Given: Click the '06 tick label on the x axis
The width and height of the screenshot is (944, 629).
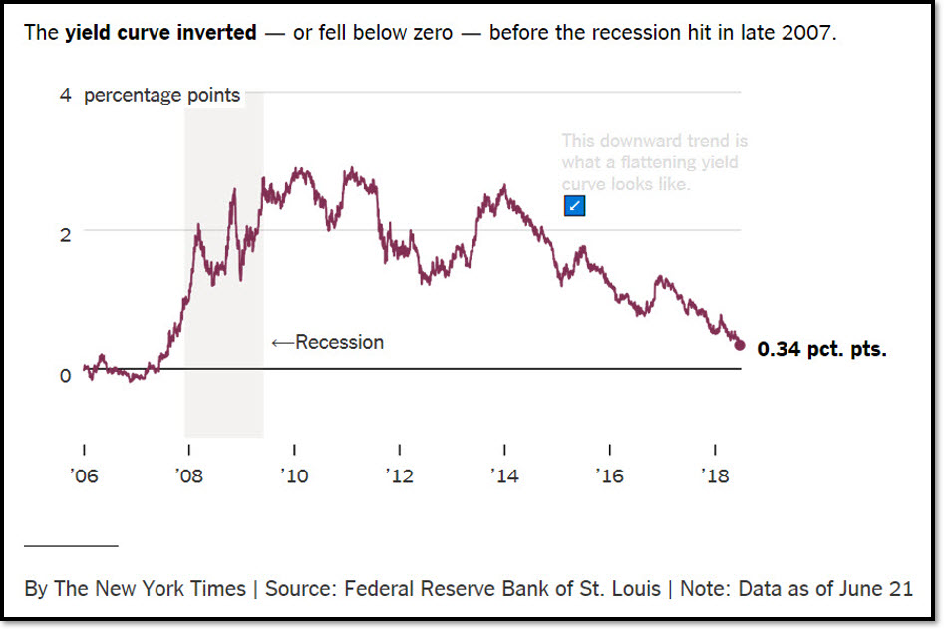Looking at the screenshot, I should point(85,476).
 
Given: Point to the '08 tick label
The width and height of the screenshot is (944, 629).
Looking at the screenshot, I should point(189,476).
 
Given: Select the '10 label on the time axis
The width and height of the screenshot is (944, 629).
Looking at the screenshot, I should point(295,476).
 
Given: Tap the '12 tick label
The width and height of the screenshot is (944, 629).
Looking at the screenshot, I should point(400,476).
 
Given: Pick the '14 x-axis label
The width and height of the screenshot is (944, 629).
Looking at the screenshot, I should point(505,476).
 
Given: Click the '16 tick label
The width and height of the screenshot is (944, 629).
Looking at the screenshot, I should point(610,476).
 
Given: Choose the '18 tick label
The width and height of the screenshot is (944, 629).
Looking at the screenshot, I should point(716,476).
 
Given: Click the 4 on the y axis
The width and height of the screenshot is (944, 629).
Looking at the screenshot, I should point(65,96).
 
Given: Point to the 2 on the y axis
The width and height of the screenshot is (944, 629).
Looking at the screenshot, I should point(65,235).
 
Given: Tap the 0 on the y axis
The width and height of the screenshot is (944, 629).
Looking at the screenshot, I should point(65,375).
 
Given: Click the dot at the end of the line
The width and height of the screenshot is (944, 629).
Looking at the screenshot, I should point(739,345).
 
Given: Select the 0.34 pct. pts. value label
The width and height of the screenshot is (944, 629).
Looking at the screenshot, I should point(821,350).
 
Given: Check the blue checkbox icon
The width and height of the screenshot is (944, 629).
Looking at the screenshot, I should point(574,206).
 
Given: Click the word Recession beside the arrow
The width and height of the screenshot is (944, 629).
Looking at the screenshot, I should point(339,342).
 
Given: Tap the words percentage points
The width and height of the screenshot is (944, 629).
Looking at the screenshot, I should point(161,96).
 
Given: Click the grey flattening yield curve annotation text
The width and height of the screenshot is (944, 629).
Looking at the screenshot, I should point(654,162).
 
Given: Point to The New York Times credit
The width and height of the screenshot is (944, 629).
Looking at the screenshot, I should point(150,588).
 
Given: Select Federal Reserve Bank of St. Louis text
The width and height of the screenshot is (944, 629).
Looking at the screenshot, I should point(502,588).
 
